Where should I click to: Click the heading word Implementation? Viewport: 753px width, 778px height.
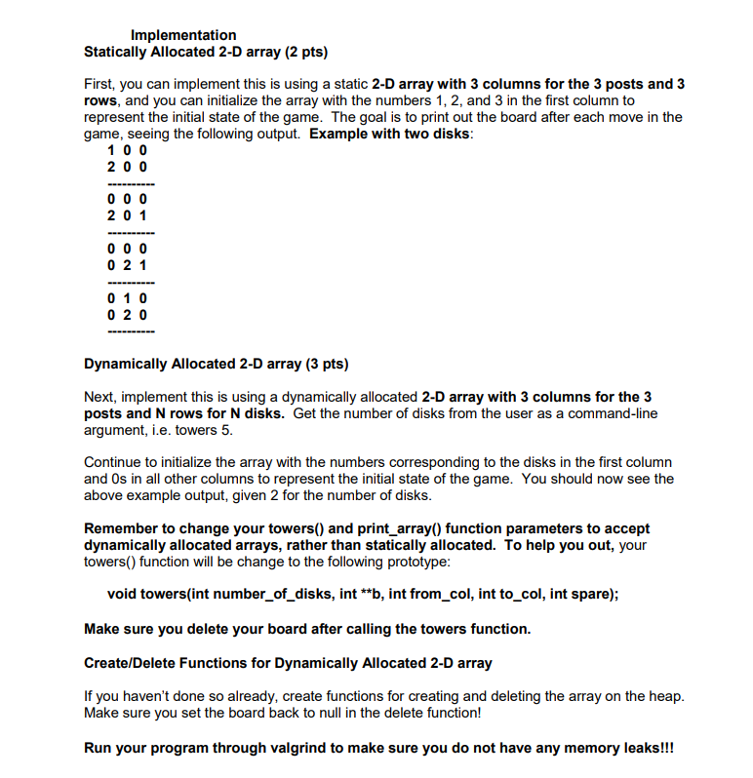point(183,35)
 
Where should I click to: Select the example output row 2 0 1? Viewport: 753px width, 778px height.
point(128,214)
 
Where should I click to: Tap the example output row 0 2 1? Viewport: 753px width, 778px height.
point(128,264)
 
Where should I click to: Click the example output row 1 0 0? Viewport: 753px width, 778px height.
point(128,150)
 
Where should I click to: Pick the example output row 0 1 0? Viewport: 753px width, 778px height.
point(128,298)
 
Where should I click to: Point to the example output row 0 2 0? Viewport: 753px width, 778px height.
point(128,315)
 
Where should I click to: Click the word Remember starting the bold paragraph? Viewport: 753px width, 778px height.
point(117,528)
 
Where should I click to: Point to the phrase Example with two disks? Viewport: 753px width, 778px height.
point(390,134)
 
